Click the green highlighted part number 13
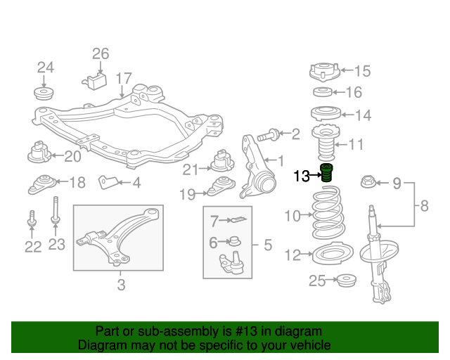pos(327,173)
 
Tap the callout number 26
pos(101,53)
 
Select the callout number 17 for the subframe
pos(124,78)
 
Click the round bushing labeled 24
pos(46,94)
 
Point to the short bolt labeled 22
pos(32,220)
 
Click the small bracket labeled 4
pos(108,182)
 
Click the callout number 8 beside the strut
pos(423,206)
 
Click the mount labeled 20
pos(40,153)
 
